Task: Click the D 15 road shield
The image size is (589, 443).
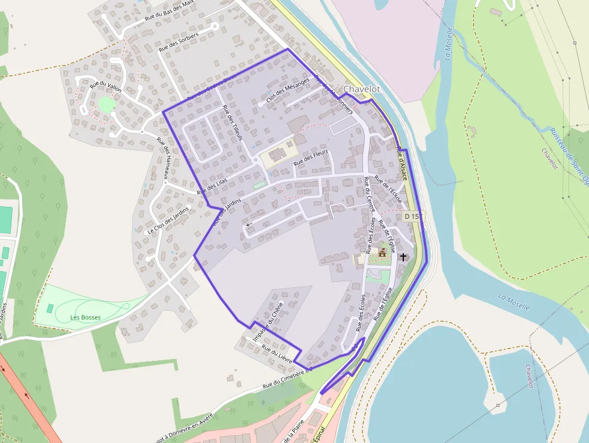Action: (x=411, y=216)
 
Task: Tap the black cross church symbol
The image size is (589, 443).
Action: (x=403, y=257)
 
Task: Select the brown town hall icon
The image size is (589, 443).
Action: (x=382, y=252)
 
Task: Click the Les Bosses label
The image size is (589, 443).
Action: (x=85, y=317)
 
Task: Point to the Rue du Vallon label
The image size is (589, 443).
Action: (x=105, y=87)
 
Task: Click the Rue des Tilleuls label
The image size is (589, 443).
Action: (x=233, y=123)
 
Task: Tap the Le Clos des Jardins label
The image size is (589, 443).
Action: (x=168, y=221)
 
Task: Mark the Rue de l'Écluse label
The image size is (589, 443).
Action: (x=388, y=189)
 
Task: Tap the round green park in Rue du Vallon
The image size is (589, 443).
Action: (x=106, y=105)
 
